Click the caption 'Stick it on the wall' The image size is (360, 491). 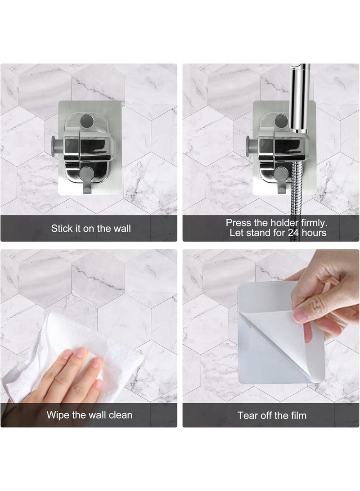point(91,228)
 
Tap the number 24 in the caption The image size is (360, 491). point(292,233)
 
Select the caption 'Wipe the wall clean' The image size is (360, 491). point(90,414)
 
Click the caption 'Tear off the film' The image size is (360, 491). point(272,415)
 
